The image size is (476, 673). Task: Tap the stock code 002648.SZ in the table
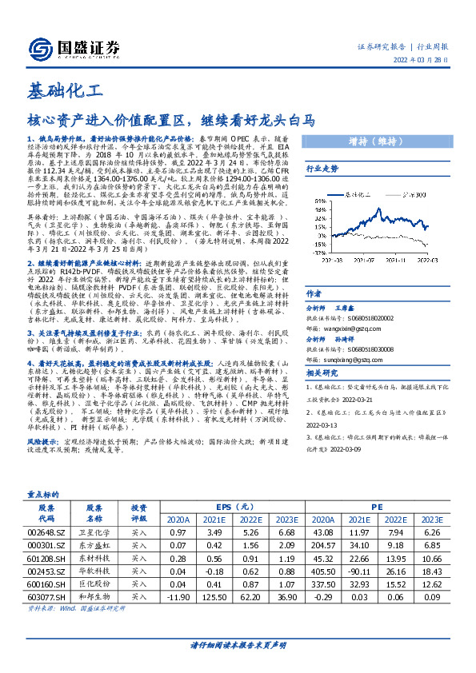[46, 532]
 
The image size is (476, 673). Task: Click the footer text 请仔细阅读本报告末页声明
[238, 643]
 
